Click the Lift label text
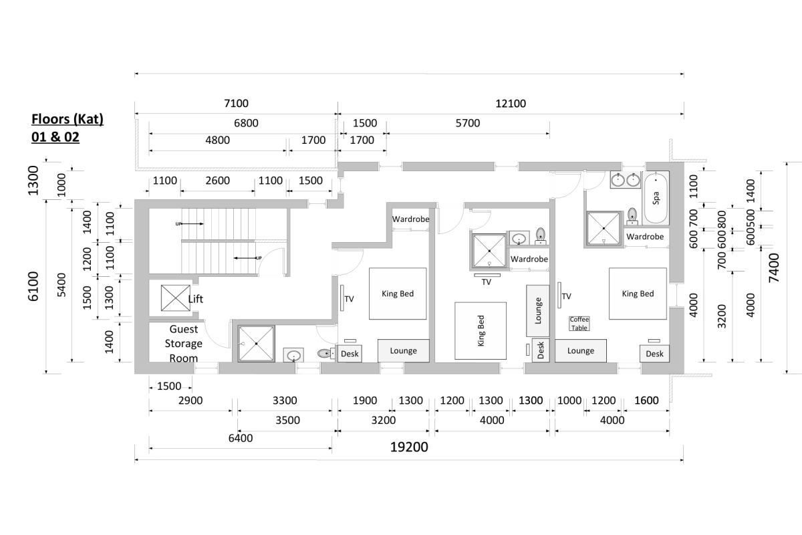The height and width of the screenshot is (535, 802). pos(195,299)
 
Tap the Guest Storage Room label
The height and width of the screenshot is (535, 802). pos(184,343)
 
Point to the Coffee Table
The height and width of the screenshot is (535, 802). pos(579,324)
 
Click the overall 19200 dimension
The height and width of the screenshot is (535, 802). pos(408,447)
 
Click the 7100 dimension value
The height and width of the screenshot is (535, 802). pos(235,103)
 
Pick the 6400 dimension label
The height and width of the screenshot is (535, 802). pos(240,439)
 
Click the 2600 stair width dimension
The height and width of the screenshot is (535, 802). pos(217,181)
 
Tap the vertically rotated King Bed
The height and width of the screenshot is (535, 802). pos(481,331)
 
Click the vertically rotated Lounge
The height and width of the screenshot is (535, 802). pos(538,310)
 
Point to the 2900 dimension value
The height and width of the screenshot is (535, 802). pos(190,401)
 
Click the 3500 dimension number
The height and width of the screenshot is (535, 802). pos(287,421)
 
